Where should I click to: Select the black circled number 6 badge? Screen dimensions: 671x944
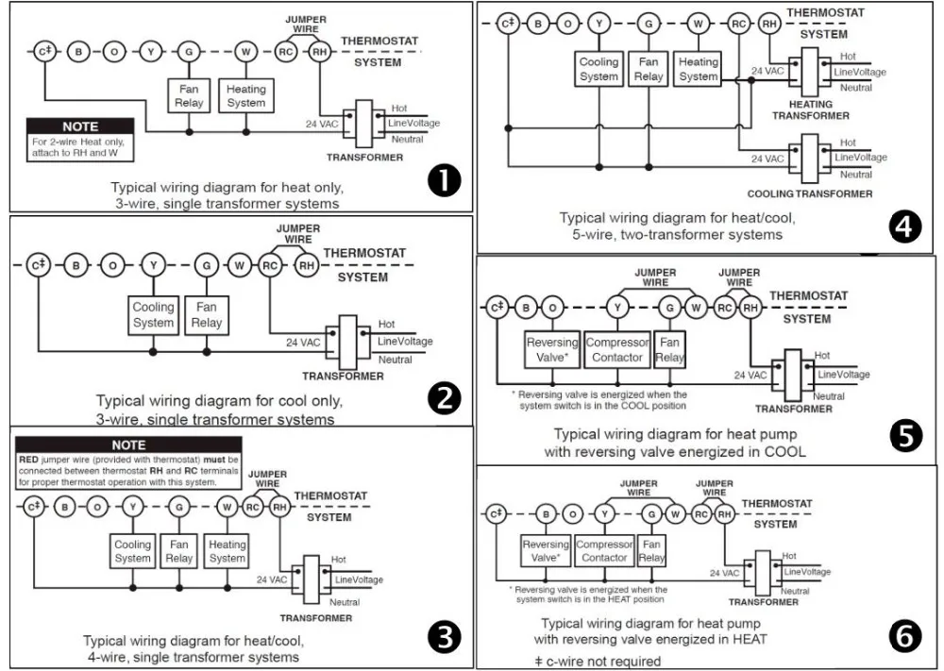905,639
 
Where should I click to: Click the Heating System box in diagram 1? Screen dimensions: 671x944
246,96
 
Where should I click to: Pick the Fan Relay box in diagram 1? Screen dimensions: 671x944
189,96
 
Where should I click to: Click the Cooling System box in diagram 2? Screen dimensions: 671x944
153,315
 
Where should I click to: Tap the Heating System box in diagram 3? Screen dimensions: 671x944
228,551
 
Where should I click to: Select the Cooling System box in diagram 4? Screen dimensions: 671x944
598,69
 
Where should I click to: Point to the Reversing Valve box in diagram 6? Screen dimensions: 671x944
546,551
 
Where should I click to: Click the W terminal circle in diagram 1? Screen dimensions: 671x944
245,51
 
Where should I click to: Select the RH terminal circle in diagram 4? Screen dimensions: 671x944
769,24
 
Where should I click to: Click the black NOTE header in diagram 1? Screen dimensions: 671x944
80,126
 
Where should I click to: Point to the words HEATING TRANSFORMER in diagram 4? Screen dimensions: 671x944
810,110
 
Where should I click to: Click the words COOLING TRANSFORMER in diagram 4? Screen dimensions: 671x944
810,193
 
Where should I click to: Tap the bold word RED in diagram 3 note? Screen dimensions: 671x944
27,460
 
